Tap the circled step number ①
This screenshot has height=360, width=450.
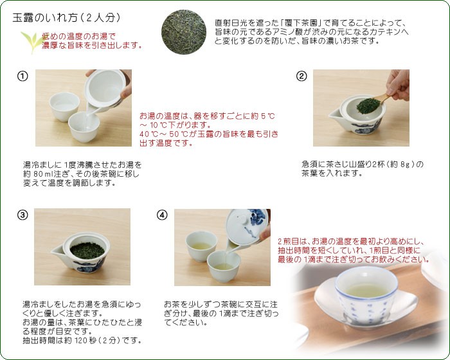[x=22, y=76]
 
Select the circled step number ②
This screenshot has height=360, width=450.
[x=301, y=76]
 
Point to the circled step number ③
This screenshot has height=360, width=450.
[x=22, y=215]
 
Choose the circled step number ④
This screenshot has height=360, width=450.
[x=162, y=215]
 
